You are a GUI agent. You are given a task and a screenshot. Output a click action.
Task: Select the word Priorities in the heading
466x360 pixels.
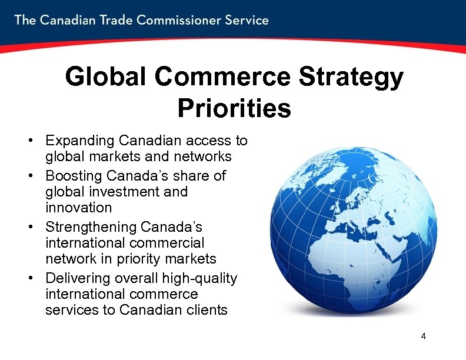click(x=234, y=108)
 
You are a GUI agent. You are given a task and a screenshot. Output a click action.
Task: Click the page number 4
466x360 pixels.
click(x=423, y=336)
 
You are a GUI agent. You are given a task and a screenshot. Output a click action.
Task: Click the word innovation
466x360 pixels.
click(x=78, y=208)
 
